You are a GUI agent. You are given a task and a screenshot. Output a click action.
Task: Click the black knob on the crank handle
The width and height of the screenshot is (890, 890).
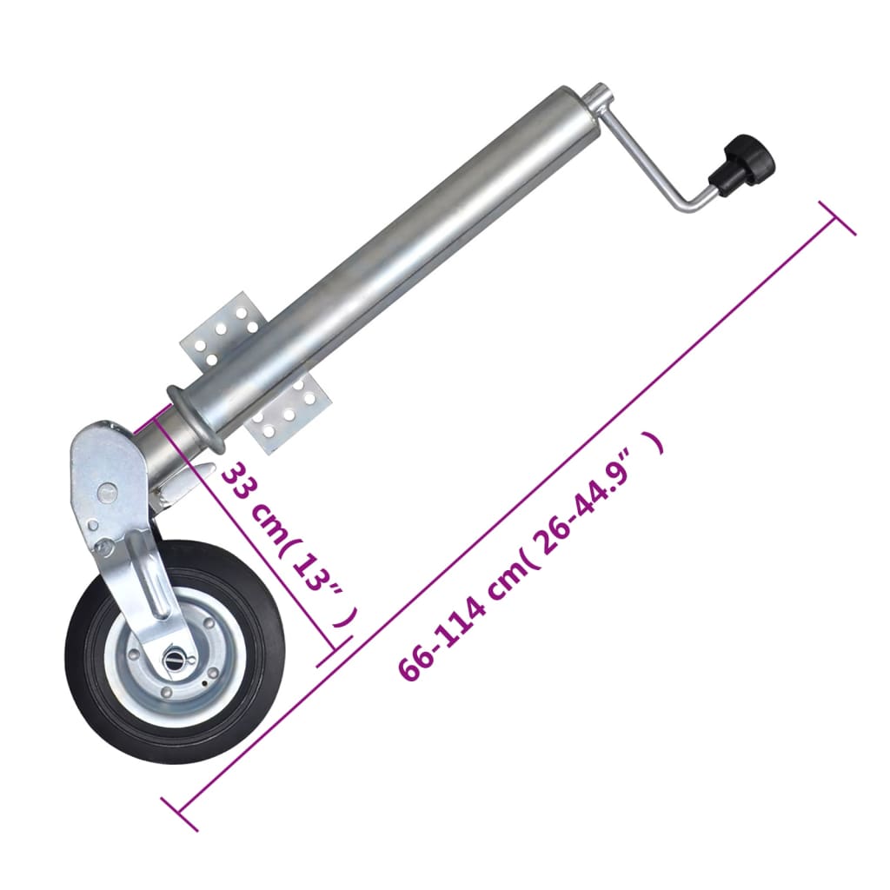pyautogui.click(x=741, y=165)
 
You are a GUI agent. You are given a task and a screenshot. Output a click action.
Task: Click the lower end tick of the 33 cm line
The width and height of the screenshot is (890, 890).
pyautogui.click(x=334, y=650)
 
